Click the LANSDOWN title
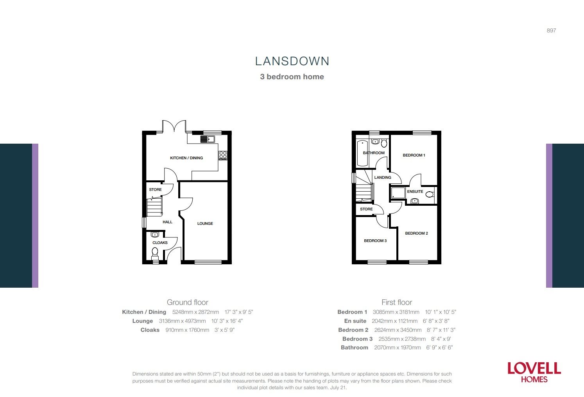[x=292, y=61]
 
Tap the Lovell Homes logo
[x=534, y=372]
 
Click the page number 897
[x=551, y=30]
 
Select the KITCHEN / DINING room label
[x=186, y=158]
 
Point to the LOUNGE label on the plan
[x=205, y=223]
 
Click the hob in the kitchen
[x=223, y=155]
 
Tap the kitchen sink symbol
[x=208, y=139]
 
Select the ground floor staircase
[x=154, y=207]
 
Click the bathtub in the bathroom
[x=362, y=153]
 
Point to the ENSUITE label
[x=415, y=191]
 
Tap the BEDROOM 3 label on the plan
[x=375, y=240]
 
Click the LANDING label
[x=383, y=177]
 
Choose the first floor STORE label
[x=366, y=209]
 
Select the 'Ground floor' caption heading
[x=188, y=302]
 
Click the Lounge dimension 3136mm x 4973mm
[x=182, y=321]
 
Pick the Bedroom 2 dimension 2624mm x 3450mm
[x=398, y=330]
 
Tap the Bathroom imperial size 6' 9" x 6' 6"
[x=440, y=347]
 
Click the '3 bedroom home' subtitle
[x=292, y=77]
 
